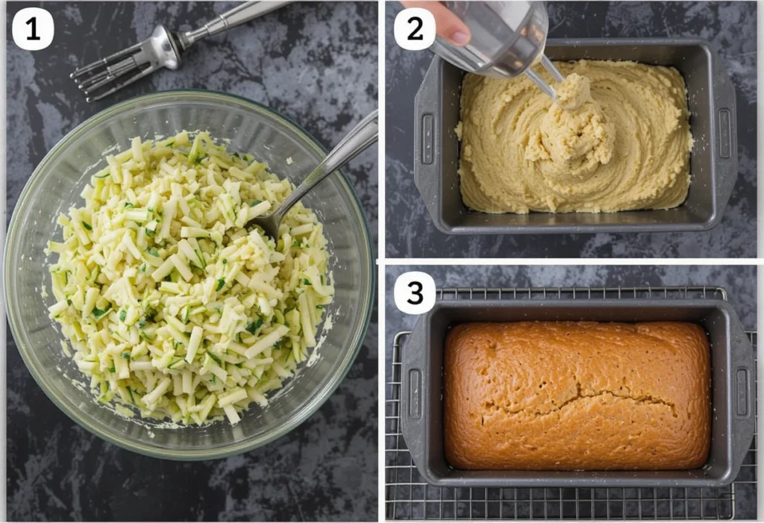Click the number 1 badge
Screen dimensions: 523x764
click(x=33, y=29)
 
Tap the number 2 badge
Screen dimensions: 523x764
click(x=415, y=29)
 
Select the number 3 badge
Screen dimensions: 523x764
click(x=415, y=292)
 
